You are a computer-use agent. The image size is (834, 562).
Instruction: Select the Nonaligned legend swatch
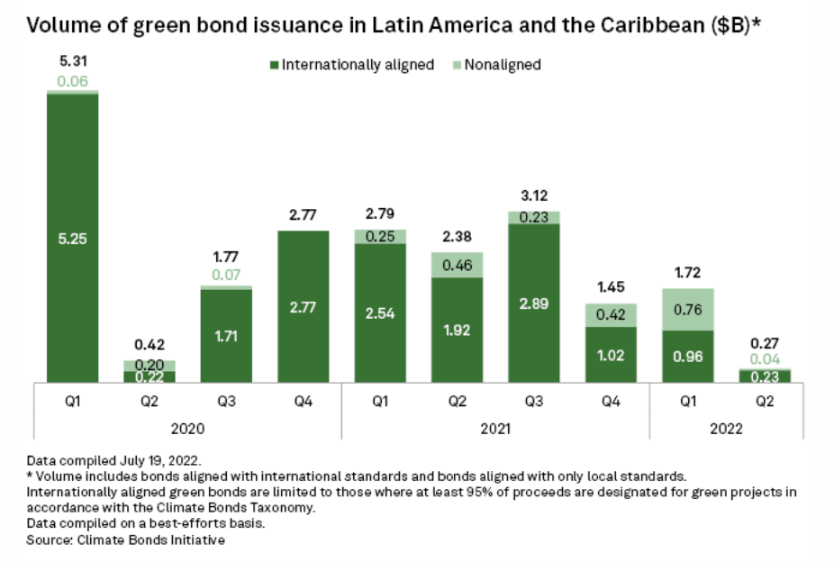[x=457, y=65]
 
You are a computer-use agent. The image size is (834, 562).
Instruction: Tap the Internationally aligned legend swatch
[x=274, y=65]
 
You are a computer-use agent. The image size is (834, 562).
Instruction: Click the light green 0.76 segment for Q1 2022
[x=688, y=309]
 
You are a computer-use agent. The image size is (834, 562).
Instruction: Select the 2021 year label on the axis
[x=495, y=428]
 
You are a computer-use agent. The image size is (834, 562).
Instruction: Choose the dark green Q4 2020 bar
[x=304, y=306]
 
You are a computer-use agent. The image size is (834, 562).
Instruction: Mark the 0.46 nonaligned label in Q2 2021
[x=458, y=265]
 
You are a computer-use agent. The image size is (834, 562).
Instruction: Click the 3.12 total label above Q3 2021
[x=534, y=195]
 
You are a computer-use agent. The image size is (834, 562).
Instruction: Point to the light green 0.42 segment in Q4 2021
[x=611, y=314]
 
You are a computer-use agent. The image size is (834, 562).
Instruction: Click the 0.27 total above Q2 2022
[x=765, y=342]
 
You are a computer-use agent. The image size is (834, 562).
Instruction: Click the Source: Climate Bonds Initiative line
[x=126, y=540]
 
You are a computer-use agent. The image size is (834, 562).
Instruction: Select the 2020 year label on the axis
[x=187, y=428]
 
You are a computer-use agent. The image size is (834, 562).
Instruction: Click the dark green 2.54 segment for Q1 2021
[x=380, y=313]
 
